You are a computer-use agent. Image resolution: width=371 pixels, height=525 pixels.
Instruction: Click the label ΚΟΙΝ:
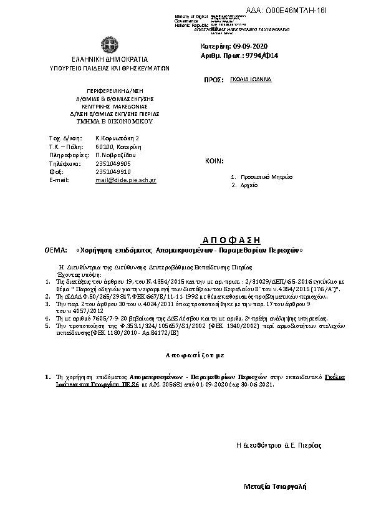[214, 161]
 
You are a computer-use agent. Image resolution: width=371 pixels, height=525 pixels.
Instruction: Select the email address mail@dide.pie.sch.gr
[126, 180]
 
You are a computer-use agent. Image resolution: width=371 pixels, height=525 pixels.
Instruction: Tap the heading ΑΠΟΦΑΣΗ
[231, 240]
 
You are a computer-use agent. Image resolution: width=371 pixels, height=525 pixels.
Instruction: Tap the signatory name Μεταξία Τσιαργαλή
[275, 486]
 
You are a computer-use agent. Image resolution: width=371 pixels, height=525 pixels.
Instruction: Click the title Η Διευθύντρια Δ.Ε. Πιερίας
[279, 445]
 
